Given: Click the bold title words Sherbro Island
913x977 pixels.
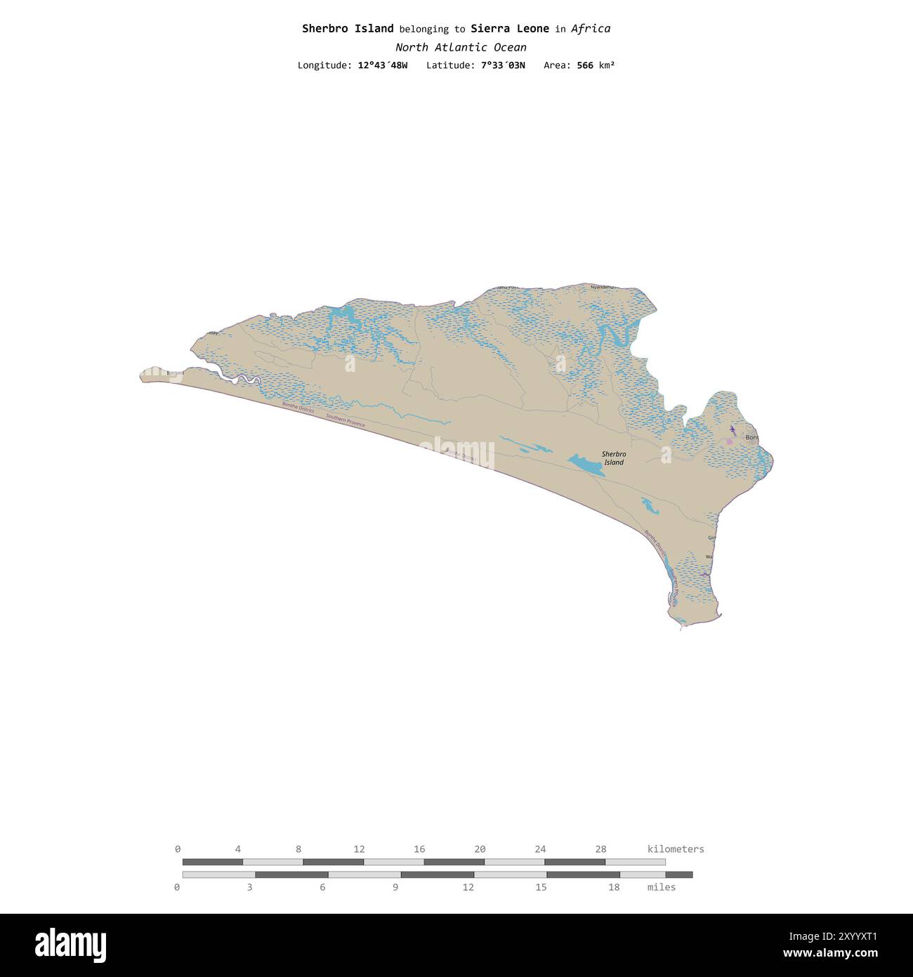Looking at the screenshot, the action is pyautogui.click(x=348, y=29).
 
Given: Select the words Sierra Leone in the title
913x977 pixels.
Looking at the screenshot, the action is pyautogui.click(x=510, y=29).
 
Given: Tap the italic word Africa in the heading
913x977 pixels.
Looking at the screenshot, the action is pyautogui.click(x=591, y=29).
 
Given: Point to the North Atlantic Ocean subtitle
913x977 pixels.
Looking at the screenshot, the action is pyautogui.click(x=461, y=48).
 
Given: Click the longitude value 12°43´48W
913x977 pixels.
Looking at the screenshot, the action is pyautogui.click(x=382, y=65).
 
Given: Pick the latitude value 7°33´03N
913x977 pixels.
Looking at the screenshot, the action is pyautogui.click(x=503, y=65).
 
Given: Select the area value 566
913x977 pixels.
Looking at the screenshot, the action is pyautogui.click(x=585, y=65).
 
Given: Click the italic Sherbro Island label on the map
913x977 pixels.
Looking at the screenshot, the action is pyautogui.click(x=614, y=458).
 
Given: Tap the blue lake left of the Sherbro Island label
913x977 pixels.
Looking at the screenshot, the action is pyautogui.click(x=586, y=465).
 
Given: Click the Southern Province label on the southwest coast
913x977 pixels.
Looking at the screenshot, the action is pyautogui.click(x=346, y=420).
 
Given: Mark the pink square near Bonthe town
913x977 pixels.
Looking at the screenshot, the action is pyautogui.click(x=730, y=441).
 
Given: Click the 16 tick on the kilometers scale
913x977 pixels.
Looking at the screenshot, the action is pyautogui.click(x=419, y=849).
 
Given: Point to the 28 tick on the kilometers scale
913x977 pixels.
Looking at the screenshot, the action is pyautogui.click(x=601, y=849).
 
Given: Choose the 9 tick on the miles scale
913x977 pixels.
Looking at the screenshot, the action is pyautogui.click(x=395, y=887).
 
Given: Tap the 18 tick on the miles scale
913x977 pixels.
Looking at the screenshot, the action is pyautogui.click(x=614, y=887).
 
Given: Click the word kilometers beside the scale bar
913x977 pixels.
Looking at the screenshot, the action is pyautogui.click(x=675, y=849).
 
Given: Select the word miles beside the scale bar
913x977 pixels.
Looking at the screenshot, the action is pyautogui.click(x=662, y=887).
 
